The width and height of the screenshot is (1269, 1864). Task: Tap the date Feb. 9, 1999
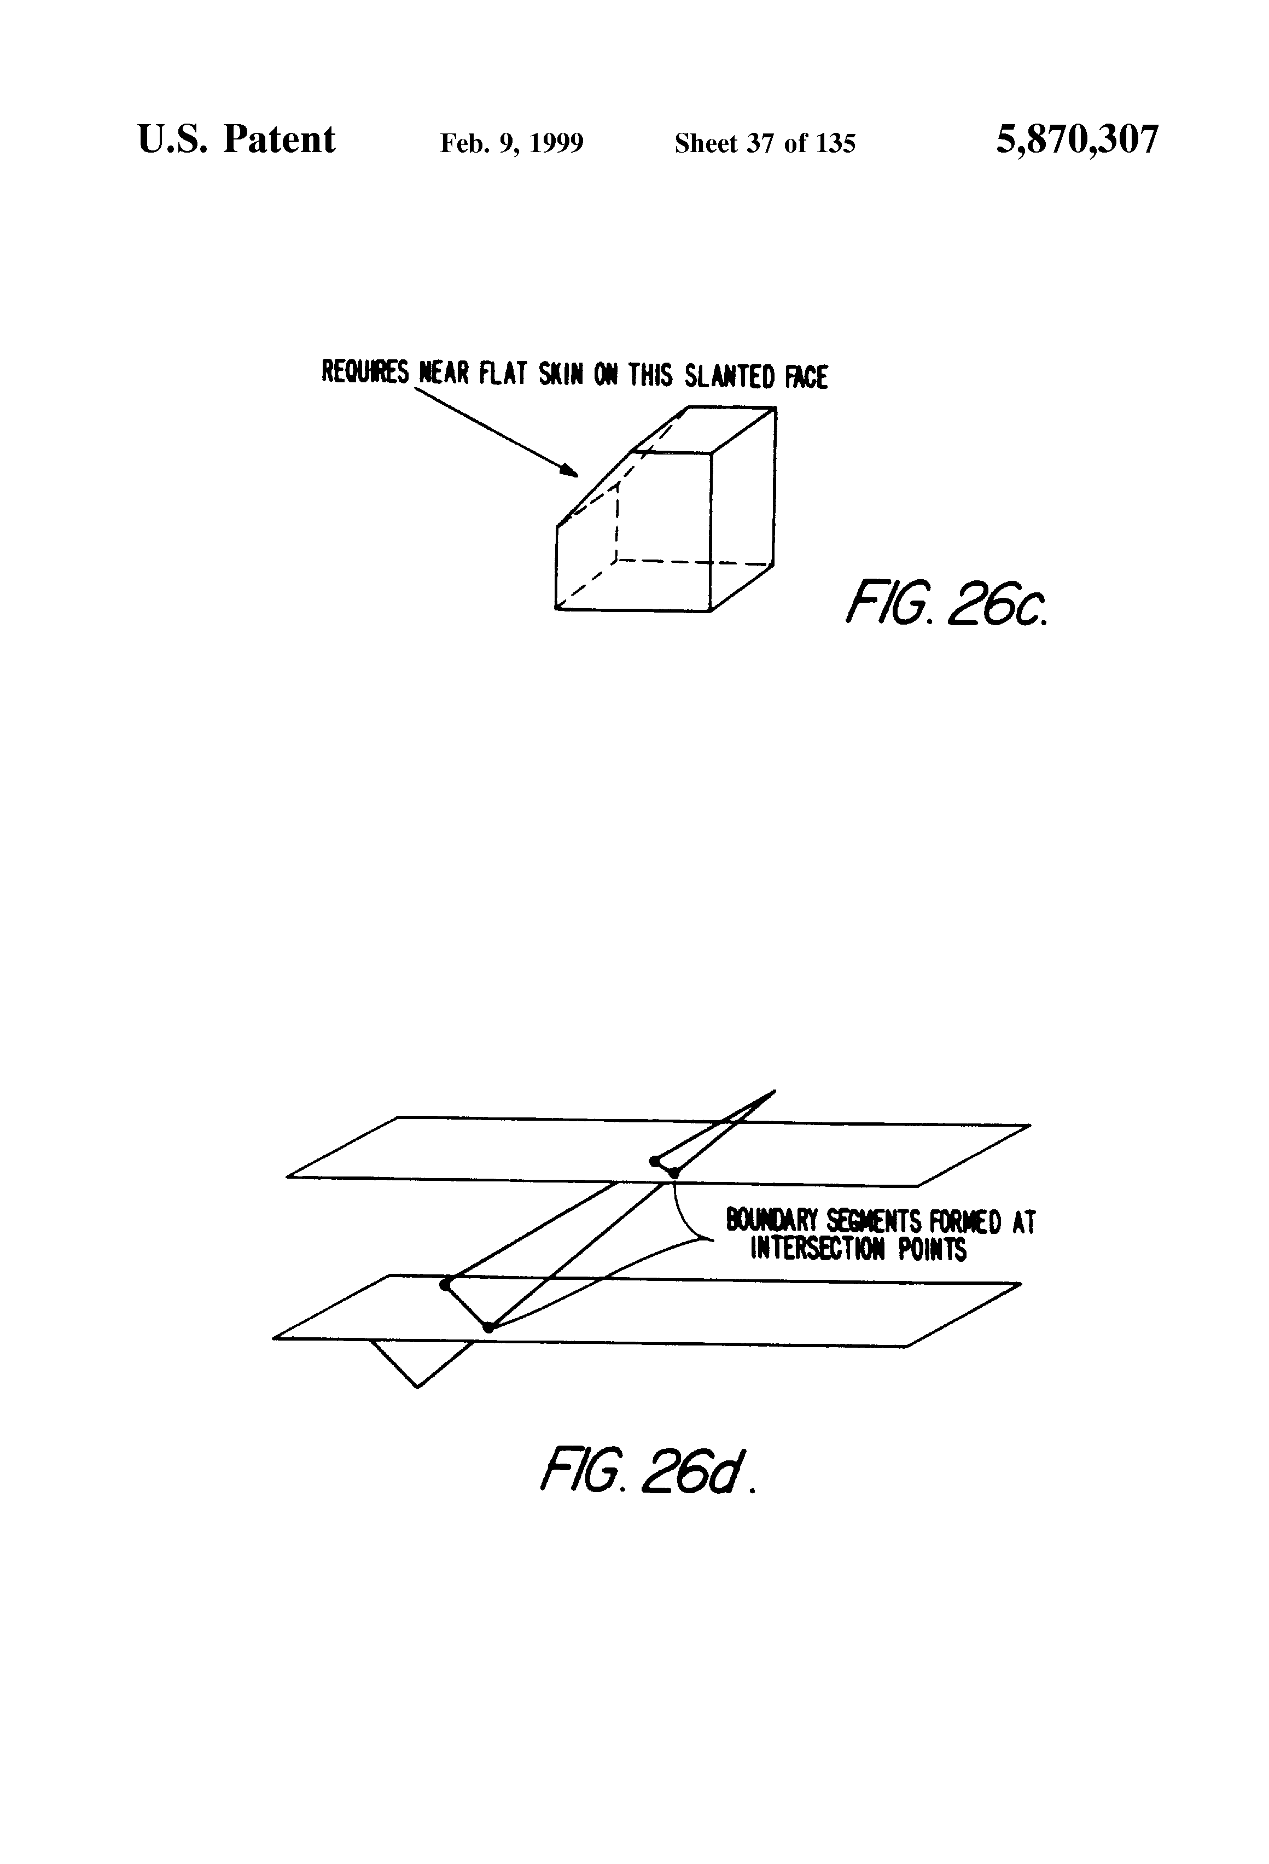click(x=512, y=143)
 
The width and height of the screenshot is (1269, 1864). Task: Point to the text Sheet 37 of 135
click(x=765, y=143)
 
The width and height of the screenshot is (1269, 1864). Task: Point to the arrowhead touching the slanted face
click(x=571, y=471)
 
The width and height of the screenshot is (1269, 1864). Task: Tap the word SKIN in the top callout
click(x=561, y=375)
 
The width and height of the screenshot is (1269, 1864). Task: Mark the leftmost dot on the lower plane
click(x=445, y=1284)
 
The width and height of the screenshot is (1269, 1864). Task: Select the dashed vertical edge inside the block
click(x=616, y=526)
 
